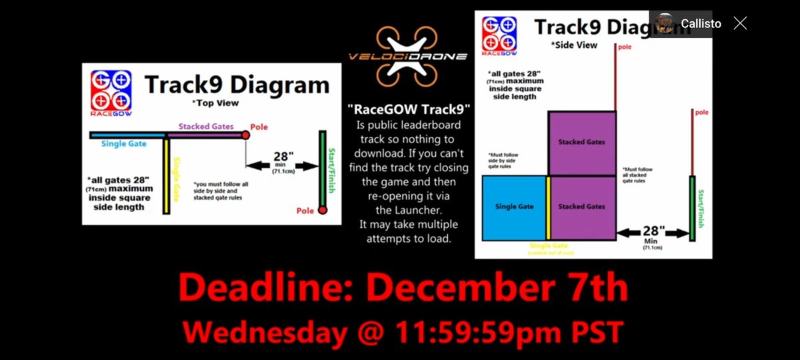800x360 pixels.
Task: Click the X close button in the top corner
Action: pos(740,23)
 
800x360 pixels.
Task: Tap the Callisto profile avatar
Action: pos(665,23)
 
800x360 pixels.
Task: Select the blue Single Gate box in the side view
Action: pos(513,207)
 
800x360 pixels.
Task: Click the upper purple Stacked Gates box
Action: pos(581,142)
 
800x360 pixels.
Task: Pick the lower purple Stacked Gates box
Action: pos(581,207)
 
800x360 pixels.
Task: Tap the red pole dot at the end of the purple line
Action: pos(245,135)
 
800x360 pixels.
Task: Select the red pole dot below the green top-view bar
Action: pos(322,211)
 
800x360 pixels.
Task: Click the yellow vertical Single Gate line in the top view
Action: pos(167,177)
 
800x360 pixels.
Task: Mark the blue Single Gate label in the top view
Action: pos(124,144)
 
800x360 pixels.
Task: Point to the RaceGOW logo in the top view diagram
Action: pos(111,93)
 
